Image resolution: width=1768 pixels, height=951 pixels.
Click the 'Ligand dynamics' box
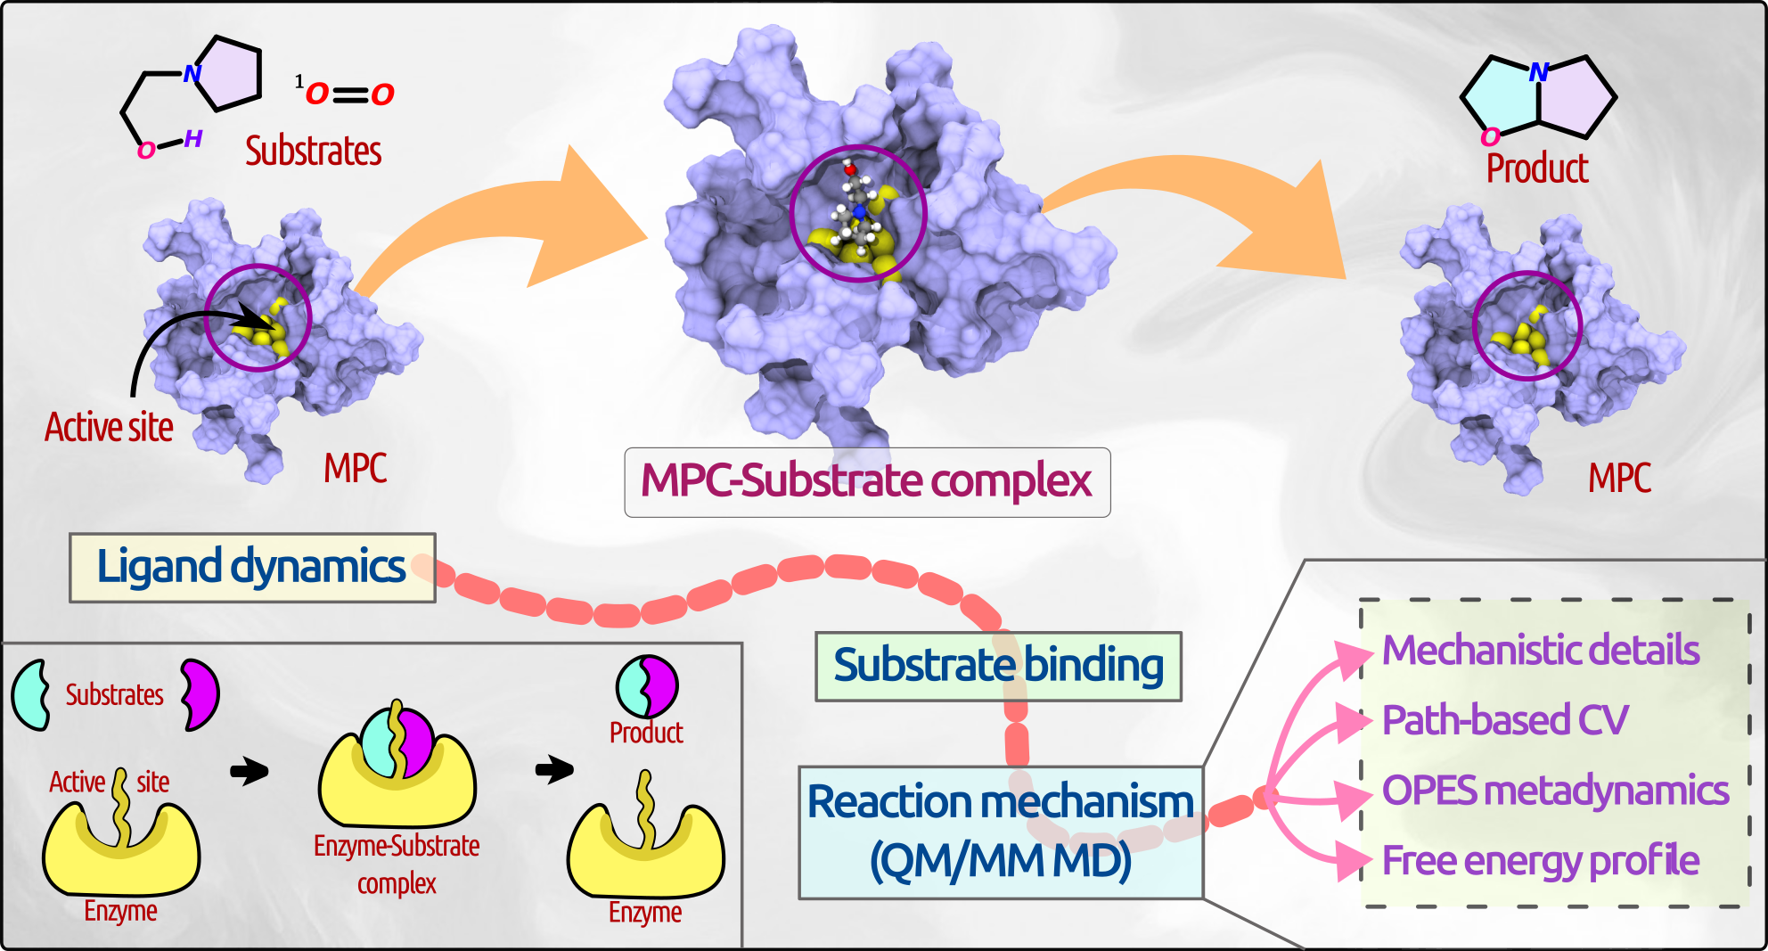click(252, 568)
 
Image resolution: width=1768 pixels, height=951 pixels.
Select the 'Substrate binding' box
click(998, 667)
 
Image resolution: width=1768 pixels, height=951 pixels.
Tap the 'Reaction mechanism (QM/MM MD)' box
click(1000, 832)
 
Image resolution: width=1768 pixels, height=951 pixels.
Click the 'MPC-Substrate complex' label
click(866, 482)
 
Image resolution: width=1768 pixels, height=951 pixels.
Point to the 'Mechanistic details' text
click(1541, 651)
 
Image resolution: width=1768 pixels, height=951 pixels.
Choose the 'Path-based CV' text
click(1504, 720)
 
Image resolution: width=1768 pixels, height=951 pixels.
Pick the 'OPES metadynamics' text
click(1555, 791)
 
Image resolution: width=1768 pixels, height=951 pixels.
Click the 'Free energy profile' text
click(1541, 861)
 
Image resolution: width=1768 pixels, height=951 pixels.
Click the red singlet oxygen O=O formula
click(348, 94)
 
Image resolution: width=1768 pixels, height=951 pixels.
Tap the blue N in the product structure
click(1538, 73)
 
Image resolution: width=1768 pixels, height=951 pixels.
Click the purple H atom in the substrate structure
click(193, 139)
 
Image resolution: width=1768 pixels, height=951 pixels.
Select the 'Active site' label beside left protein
click(109, 428)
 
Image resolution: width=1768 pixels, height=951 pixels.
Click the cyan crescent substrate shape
click(31, 695)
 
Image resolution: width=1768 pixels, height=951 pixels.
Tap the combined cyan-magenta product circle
click(647, 686)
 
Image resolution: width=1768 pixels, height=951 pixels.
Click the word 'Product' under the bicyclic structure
click(1537, 169)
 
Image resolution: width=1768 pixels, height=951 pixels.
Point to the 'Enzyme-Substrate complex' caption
click(397, 864)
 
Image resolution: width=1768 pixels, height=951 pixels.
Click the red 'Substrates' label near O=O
click(314, 152)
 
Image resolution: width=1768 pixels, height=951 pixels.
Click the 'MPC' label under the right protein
click(1619, 479)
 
